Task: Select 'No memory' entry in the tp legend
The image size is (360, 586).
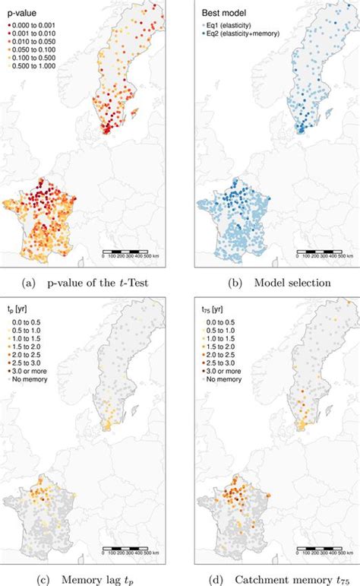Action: [30, 377]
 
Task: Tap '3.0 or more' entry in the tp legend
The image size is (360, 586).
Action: [31, 369]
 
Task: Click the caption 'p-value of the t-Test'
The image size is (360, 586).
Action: [96, 283]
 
